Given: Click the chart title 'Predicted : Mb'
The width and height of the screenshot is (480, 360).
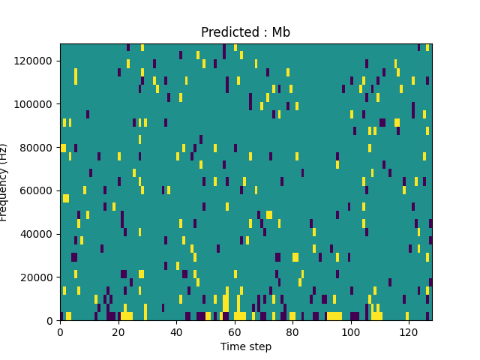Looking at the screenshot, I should tap(245, 32).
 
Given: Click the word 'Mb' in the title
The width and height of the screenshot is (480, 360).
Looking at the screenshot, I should tap(281, 32).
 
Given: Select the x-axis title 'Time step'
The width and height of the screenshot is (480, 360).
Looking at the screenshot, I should tap(245, 346).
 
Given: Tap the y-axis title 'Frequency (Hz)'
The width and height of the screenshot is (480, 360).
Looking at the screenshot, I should tap(4, 182).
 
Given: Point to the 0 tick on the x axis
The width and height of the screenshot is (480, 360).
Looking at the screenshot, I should tap(60, 331).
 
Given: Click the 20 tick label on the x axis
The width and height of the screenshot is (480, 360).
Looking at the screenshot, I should tap(118, 331).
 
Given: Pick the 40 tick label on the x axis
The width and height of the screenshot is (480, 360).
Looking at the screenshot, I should tap(176, 331).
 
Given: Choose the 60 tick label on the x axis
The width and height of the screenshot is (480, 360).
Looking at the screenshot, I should tap(234, 331).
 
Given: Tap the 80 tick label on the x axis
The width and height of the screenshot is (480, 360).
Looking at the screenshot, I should tap(292, 331).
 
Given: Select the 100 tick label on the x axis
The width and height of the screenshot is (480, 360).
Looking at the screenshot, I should tap(350, 331).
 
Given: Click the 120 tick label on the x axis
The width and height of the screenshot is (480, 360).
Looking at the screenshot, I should tap(409, 331).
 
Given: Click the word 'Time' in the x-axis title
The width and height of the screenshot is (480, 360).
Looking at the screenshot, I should tap(232, 346).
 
